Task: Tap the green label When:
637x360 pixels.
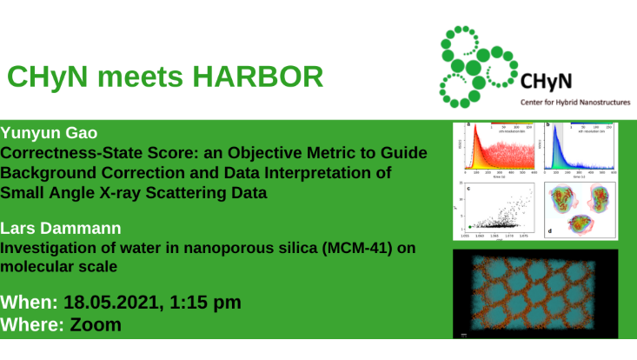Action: click(x=30, y=303)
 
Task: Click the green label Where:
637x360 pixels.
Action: click(x=32, y=325)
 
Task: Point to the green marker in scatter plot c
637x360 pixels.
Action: click(x=470, y=228)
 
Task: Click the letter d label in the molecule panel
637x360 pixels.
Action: click(x=549, y=230)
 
